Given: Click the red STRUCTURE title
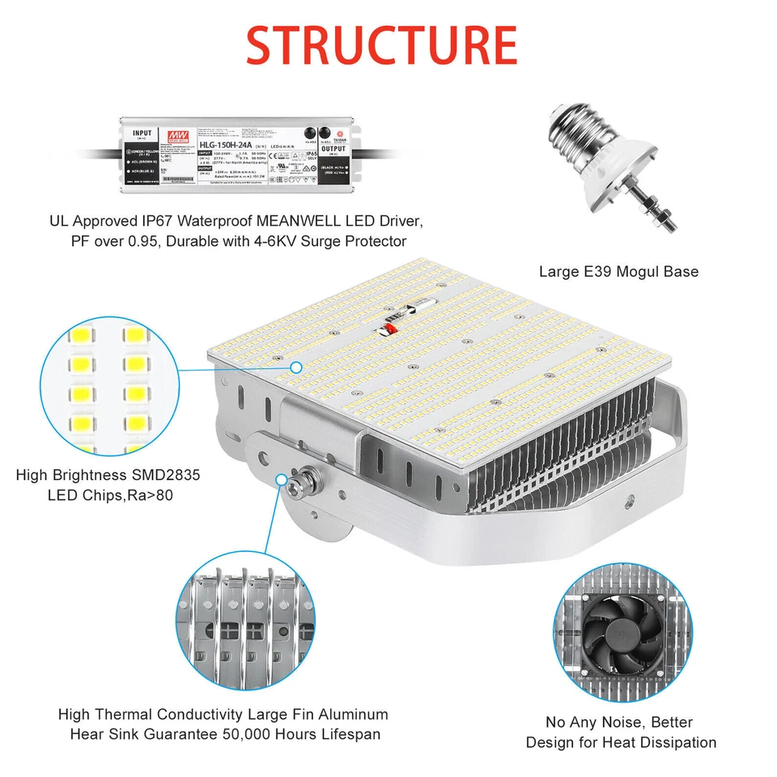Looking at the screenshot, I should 381,45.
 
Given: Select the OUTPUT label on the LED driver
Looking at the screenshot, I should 332,150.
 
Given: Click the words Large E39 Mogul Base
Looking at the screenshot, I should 618,272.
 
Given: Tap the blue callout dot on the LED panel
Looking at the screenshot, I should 296,367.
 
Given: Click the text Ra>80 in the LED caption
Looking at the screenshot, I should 152,494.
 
